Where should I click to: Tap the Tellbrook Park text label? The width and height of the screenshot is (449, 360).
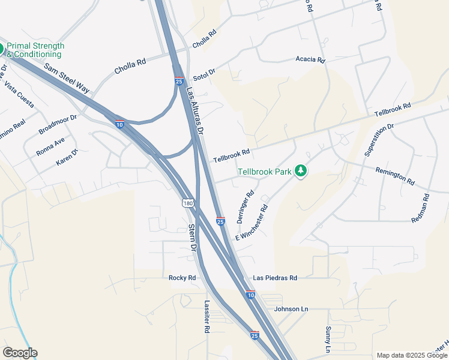click(x=265, y=172)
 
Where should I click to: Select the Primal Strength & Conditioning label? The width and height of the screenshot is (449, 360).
click(x=35, y=50)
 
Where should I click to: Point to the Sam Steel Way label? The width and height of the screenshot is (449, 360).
click(x=67, y=78)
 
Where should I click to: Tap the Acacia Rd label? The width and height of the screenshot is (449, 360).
click(x=310, y=60)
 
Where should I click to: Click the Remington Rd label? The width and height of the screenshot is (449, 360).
click(x=395, y=176)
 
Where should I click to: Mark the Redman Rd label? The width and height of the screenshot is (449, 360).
click(x=420, y=209)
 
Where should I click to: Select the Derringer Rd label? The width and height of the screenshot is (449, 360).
click(x=246, y=207)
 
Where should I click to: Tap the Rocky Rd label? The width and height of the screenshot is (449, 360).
click(x=182, y=278)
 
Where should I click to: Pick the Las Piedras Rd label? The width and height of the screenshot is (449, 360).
click(x=275, y=278)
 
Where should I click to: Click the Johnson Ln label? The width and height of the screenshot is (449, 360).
click(x=291, y=309)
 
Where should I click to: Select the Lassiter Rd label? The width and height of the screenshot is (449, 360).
click(x=206, y=317)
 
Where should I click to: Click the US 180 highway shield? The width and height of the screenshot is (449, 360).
click(x=188, y=204)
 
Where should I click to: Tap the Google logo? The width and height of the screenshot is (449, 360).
click(x=20, y=353)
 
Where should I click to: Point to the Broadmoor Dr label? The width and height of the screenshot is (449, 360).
click(x=58, y=125)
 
